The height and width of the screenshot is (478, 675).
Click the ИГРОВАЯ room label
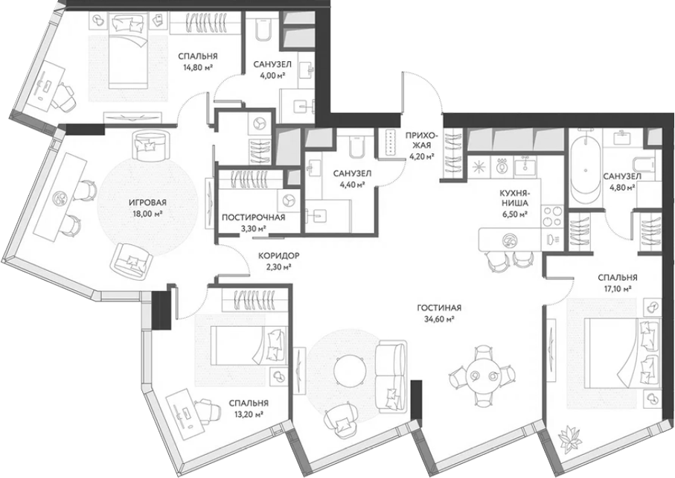pos(147,202)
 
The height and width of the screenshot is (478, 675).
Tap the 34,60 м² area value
pos(439,319)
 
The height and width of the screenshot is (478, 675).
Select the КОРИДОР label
pos(278,256)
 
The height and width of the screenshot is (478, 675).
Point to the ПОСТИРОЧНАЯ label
pos(253,217)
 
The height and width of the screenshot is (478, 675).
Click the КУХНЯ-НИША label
pos(514,198)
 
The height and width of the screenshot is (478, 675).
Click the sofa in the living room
pos(391,375)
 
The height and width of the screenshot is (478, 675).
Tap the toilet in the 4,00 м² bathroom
pos(262,29)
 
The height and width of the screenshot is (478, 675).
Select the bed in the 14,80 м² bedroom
pos(128,50)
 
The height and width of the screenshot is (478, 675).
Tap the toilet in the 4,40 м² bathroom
pos(356,147)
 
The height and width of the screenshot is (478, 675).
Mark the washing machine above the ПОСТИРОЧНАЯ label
pos(287,201)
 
